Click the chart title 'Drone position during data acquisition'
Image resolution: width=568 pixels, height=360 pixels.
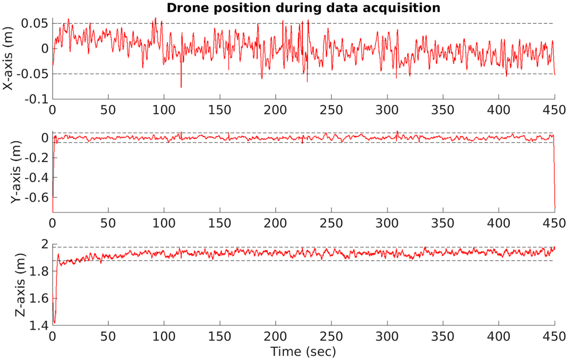tap(303, 8)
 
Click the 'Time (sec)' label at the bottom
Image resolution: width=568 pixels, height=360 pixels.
tap(303, 351)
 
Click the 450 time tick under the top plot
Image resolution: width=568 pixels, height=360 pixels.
tap(555, 110)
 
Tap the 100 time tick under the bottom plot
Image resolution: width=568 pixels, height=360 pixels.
tap(164, 336)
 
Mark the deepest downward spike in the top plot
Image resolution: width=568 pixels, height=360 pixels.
tap(181, 87)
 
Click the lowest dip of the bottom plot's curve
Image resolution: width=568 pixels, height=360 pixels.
tap(54, 323)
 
